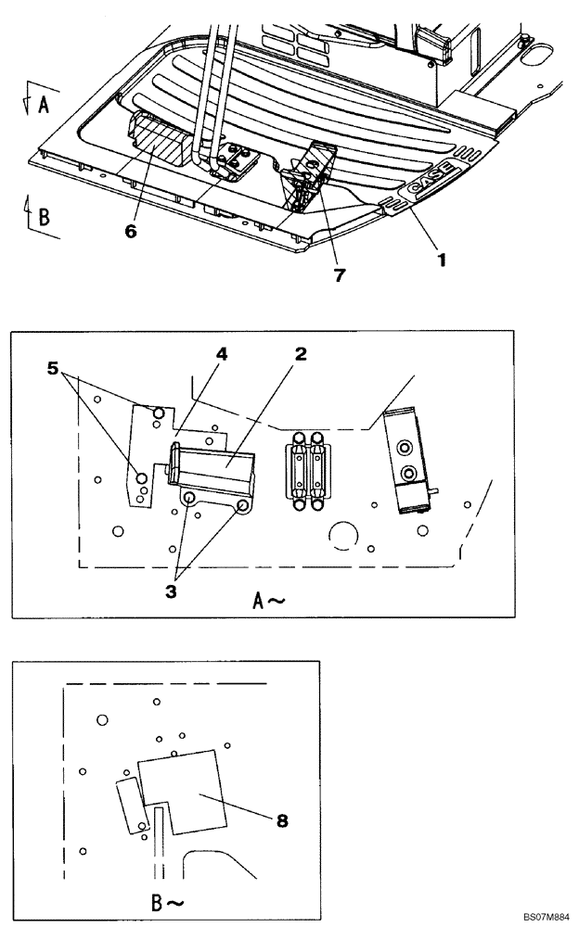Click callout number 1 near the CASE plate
(x=443, y=260)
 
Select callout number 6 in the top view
(x=131, y=231)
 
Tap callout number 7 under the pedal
(x=340, y=275)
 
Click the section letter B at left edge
(x=44, y=217)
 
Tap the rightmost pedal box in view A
(x=405, y=459)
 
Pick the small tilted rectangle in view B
(x=130, y=805)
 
